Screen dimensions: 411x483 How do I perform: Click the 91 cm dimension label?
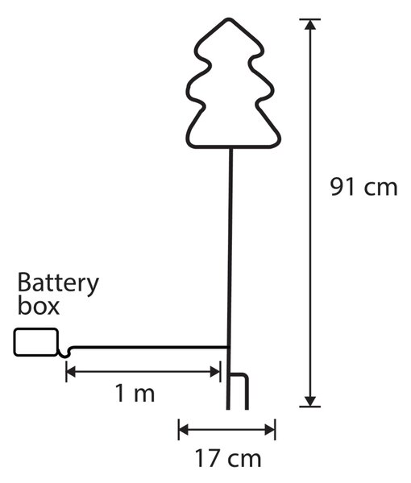tap(363, 187)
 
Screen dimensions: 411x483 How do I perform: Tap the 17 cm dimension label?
tap(228, 459)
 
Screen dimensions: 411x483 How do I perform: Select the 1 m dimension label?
tap(135, 394)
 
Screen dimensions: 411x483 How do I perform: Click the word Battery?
tap(58, 284)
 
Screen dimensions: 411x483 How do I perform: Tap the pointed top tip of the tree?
tap(229, 19)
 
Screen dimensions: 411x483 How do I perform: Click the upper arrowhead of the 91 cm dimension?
tap(310, 25)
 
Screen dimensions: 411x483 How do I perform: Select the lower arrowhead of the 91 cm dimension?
tap(310, 401)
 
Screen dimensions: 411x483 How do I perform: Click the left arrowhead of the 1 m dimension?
tap(71, 372)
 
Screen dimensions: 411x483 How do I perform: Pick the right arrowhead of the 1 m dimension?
tap(215, 372)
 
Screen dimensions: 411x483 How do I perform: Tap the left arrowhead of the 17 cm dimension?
tap(184, 430)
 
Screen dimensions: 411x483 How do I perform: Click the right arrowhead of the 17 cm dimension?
tap(270, 430)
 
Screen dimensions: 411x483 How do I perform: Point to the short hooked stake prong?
tap(247, 391)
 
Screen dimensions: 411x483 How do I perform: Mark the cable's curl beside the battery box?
tap(64, 353)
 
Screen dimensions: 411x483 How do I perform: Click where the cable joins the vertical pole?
tap(229, 348)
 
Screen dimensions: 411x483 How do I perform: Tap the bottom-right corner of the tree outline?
tap(276, 144)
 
